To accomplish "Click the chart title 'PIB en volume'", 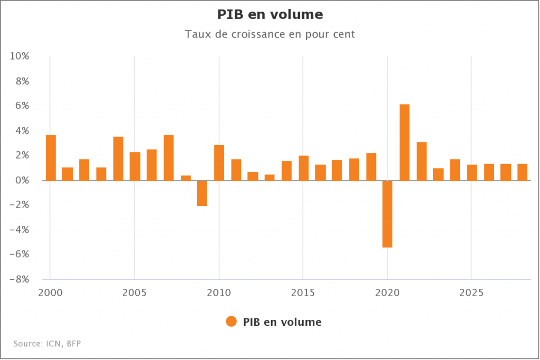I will click(x=270, y=14).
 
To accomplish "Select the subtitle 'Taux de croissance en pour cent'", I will click(x=270, y=35).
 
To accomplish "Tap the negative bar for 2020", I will click(x=388, y=213).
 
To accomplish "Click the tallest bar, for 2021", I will click(x=404, y=142).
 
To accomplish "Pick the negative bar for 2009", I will click(x=202, y=193).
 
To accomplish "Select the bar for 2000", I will click(x=51, y=158).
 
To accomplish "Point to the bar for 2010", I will click(x=219, y=162).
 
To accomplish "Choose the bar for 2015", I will click(x=303, y=168).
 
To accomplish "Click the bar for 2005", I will click(x=135, y=166).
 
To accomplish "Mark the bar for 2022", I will click(x=421, y=161).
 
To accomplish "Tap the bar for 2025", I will click(x=472, y=172).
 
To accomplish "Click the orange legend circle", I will click(x=231, y=322).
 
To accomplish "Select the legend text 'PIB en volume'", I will click(x=282, y=322).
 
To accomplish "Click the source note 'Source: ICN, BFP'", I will click(x=47, y=344).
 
